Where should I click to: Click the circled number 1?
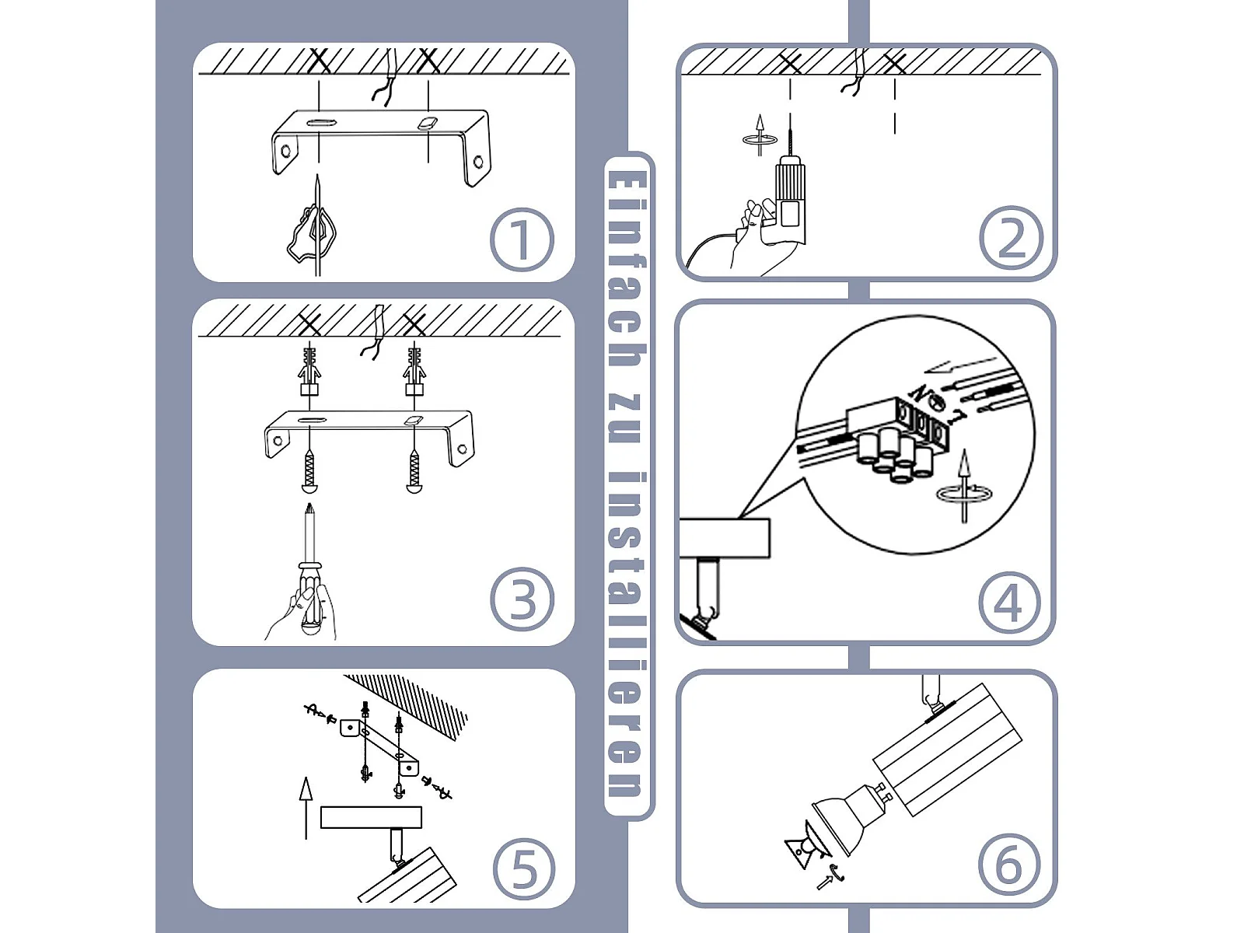tap(522, 239)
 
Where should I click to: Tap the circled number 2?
tap(1012, 237)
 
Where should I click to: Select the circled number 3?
tap(522, 599)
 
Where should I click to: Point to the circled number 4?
tap(1010, 603)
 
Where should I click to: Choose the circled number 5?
tap(524, 869)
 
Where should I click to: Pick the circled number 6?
tap(1009, 865)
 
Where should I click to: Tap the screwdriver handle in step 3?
tap(310, 599)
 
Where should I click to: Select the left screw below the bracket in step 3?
tap(309, 470)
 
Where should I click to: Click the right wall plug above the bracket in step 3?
tap(414, 371)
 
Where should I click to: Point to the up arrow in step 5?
tap(306, 808)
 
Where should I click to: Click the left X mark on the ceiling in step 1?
tap(320, 61)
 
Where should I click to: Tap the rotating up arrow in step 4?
tap(964, 487)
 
